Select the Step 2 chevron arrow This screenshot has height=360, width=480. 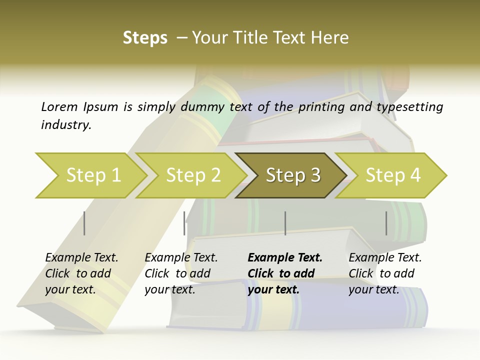click(x=193, y=175)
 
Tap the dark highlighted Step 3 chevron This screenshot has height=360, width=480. click(x=293, y=175)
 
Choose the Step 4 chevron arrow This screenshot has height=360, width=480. click(x=393, y=175)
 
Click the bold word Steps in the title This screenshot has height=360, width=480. click(x=145, y=37)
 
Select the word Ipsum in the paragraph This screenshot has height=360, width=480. click(x=100, y=106)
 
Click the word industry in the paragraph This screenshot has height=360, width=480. click(x=66, y=125)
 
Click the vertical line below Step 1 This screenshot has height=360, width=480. click(x=84, y=223)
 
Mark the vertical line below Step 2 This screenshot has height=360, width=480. click(x=184, y=223)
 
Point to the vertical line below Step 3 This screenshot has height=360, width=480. click(x=285, y=223)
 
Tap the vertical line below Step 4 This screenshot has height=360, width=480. click(x=386, y=223)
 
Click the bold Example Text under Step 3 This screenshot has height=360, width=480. click(x=285, y=258)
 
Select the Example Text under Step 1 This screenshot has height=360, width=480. click(x=82, y=258)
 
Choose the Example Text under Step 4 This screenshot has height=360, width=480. click(x=385, y=258)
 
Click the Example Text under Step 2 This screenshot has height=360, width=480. click(x=181, y=258)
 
